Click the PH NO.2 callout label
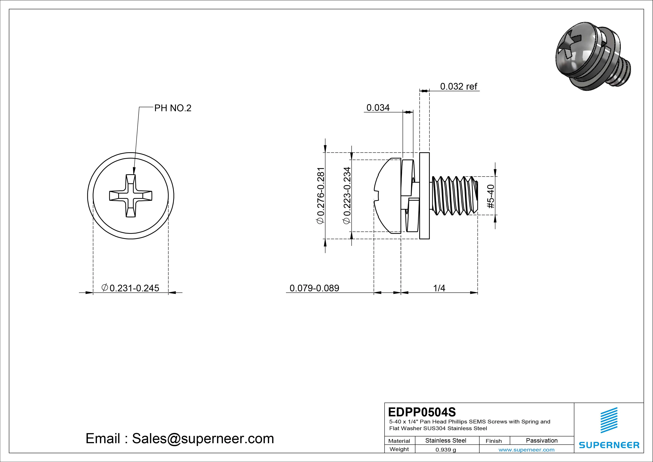172,108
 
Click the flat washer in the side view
424,196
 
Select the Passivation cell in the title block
541,440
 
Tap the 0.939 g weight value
446,450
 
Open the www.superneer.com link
526,450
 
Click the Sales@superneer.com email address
203,439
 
